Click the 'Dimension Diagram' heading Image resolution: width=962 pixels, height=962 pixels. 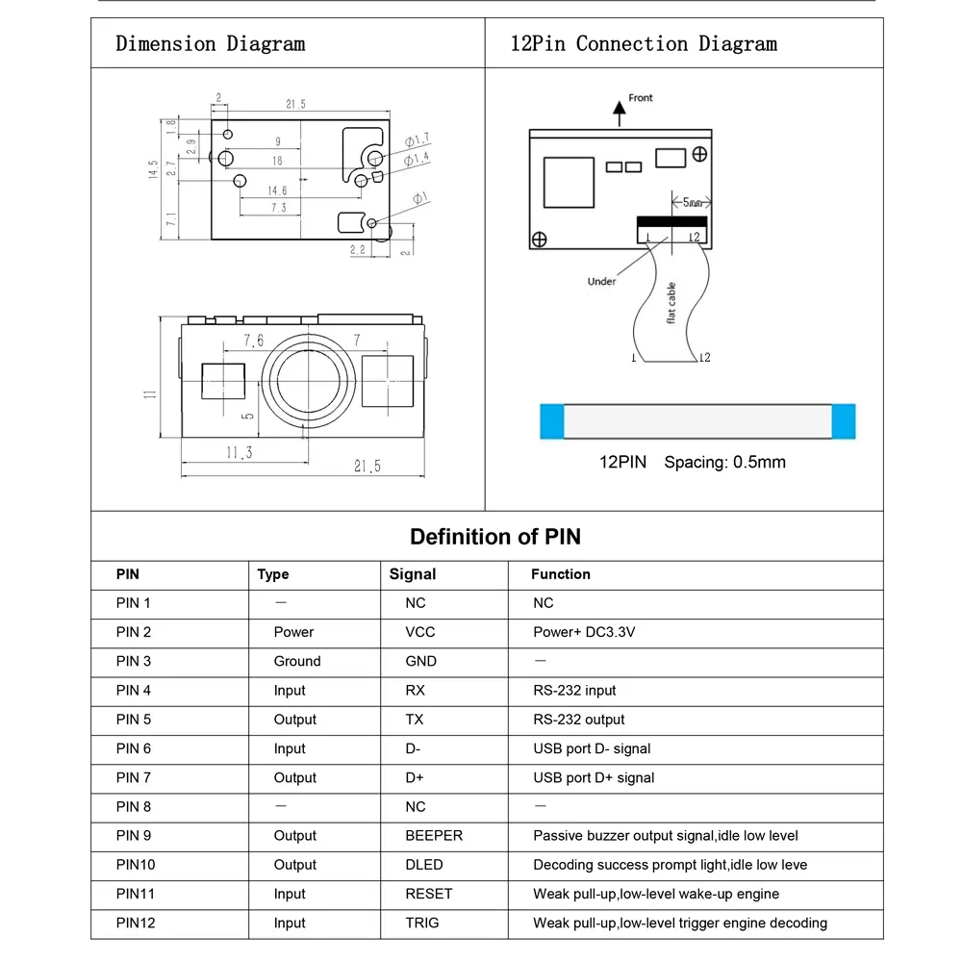[210, 44]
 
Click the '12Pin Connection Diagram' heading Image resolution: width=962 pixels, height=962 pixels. [643, 44]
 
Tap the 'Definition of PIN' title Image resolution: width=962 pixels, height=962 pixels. [495, 537]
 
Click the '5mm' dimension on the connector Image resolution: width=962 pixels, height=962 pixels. [692, 203]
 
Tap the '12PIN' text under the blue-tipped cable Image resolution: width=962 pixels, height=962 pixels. [623, 463]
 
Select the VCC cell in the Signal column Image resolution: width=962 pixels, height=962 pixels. [419, 632]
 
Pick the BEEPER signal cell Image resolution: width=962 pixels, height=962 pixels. [434, 836]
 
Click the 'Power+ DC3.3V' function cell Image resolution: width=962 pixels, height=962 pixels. [584, 632]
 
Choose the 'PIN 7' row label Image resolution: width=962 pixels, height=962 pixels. [134, 777]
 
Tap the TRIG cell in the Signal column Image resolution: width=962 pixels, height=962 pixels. [421, 923]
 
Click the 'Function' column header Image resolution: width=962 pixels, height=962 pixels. [561, 574]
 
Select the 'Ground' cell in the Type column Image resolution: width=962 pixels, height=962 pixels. [296, 661]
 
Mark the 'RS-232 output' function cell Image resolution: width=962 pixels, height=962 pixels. [578, 720]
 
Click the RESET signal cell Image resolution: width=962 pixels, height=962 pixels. [428, 894]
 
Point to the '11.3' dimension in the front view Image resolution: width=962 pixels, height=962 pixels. [239, 453]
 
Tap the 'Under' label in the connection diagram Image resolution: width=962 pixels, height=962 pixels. [601, 281]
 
